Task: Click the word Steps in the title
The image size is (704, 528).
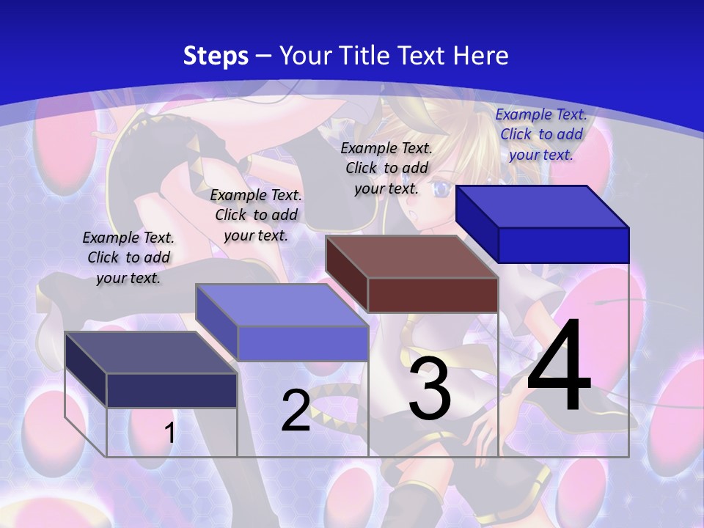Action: (216, 56)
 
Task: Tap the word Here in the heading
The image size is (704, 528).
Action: (481, 56)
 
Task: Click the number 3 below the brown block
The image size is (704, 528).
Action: (430, 389)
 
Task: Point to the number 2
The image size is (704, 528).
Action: (296, 411)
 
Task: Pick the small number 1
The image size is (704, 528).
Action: (169, 433)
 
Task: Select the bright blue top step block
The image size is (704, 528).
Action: (563, 244)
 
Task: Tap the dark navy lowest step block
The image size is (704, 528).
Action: (172, 390)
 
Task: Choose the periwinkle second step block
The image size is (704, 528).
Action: (302, 342)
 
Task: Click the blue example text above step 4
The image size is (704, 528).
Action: (541, 134)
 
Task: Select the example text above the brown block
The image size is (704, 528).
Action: (386, 168)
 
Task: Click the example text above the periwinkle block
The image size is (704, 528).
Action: (256, 215)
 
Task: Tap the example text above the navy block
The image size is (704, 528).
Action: (128, 257)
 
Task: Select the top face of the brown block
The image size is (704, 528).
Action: (411, 257)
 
